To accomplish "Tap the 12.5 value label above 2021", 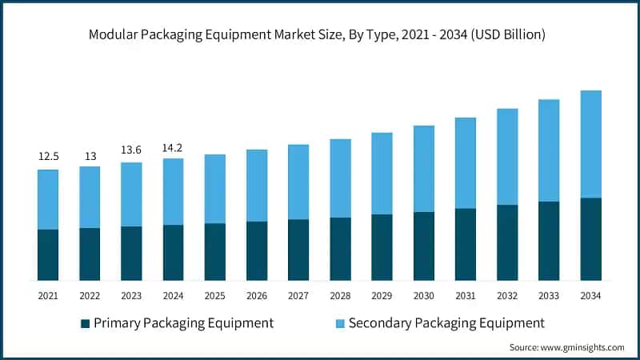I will (x=48, y=156).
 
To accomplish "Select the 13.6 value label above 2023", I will (x=131, y=149).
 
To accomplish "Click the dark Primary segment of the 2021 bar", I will (x=48, y=254).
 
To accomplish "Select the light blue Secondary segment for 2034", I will (x=590, y=144).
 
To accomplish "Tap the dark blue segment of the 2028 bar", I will (x=340, y=249).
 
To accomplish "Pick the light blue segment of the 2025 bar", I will (x=215, y=189).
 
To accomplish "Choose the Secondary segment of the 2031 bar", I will (x=466, y=163).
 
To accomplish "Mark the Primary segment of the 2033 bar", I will (x=549, y=241).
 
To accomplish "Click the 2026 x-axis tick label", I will (x=257, y=296).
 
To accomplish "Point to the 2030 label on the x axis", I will (x=424, y=296).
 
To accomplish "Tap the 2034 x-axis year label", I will (x=590, y=296).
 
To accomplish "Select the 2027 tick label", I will (x=298, y=296).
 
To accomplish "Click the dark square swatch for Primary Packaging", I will (x=85, y=323).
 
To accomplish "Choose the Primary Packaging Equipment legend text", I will (x=183, y=323).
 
